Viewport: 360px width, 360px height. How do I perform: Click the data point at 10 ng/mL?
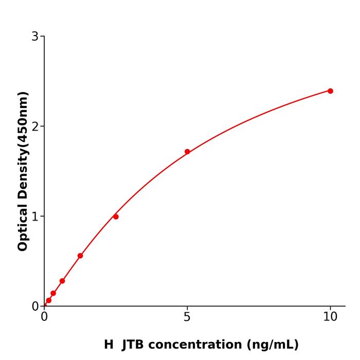[x=330, y=91]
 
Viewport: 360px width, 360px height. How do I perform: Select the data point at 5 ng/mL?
[x=187, y=152]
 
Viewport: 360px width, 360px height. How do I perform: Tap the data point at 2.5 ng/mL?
[x=116, y=217]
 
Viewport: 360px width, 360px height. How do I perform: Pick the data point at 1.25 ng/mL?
[x=80, y=256]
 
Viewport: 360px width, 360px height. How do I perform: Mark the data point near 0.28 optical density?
[x=62, y=281]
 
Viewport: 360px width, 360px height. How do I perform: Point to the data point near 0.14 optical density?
[x=53, y=293]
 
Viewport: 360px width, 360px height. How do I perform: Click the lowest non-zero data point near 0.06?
[x=49, y=300]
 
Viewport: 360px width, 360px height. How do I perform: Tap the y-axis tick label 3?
[x=35, y=37]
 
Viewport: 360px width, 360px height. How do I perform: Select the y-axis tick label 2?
[x=35, y=127]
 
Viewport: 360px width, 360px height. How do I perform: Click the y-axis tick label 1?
[x=35, y=217]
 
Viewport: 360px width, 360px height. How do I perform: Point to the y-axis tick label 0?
[x=35, y=307]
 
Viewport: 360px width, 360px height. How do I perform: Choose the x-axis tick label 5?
[x=187, y=317]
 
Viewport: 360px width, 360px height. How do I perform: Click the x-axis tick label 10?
[x=330, y=317]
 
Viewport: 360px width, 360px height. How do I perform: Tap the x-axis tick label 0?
[x=44, y=317]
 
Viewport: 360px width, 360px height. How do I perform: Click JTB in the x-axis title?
[x=133, y=345]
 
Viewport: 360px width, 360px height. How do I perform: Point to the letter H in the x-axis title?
[x=109, y=345]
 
